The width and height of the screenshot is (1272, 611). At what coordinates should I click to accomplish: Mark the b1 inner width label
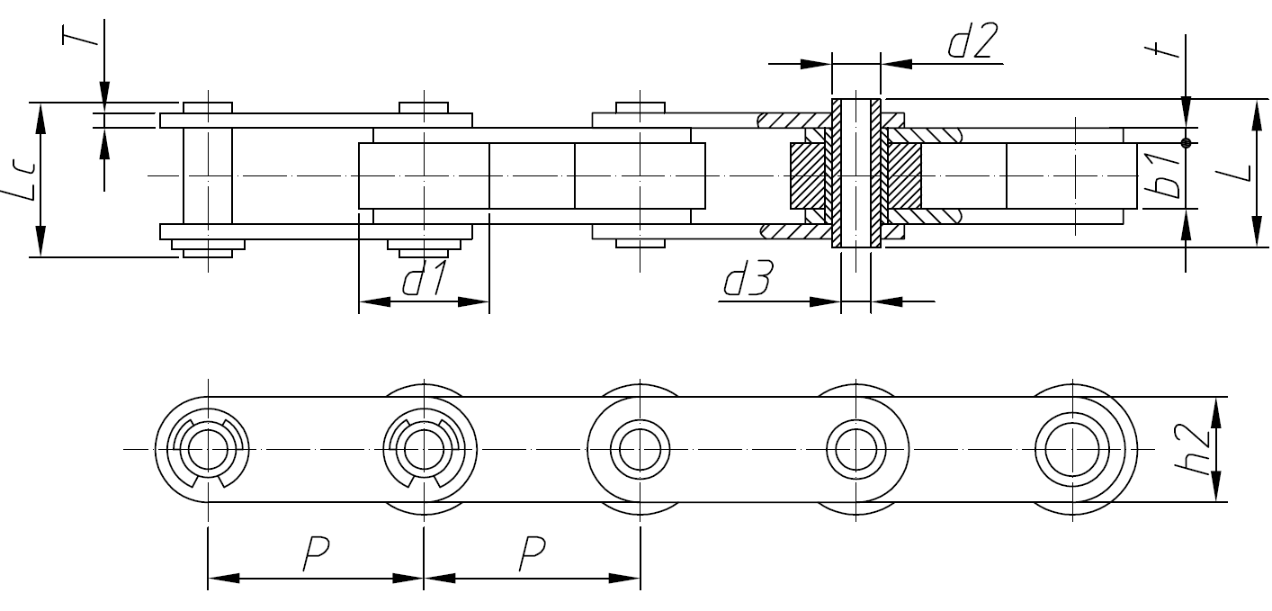(x=1167, y=176)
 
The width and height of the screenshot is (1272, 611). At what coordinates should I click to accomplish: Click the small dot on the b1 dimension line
(x=1187, y=142)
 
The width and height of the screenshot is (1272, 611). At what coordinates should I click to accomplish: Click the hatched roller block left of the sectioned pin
(x=807, y=175)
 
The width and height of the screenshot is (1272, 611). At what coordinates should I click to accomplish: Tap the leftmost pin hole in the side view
(x=208, y=447)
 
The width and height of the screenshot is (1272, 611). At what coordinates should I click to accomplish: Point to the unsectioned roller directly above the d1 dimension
(x=424, y=175)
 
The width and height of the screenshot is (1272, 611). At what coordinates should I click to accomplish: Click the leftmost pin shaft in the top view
(x=208, y=175)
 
